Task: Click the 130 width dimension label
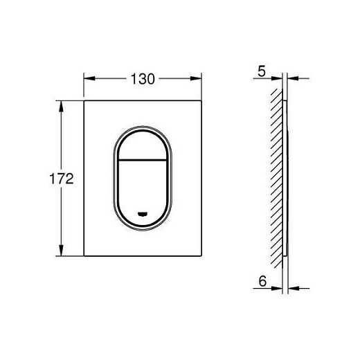click(x=143, y=79)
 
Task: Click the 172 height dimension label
click(x=62, y=179)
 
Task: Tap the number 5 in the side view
click(x=262, y=71)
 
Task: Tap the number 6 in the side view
click(x=262, y=281)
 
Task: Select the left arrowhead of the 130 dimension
click(x=89, y=78)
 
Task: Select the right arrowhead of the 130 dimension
click(x=196, y=78)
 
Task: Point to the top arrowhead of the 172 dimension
click(x=61, y=107)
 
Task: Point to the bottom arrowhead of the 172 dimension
click(x=61, y=250)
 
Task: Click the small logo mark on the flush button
click(x=143, y=214)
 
